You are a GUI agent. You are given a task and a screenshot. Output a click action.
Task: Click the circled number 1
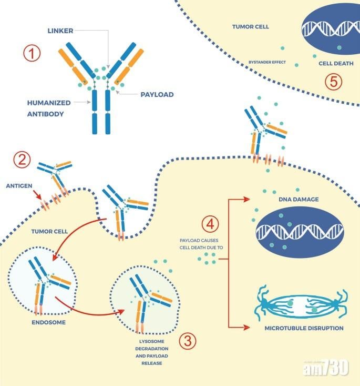coord(33,54)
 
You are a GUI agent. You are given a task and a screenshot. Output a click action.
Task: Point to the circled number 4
coord(210,224)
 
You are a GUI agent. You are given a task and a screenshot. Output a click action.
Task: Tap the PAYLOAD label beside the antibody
coord(157,95)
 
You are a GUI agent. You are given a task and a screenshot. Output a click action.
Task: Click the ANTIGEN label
coord(17,185)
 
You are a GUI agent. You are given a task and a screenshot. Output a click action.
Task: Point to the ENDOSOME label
coord(48,322)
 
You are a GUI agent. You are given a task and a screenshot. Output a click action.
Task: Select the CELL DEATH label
coord(332,64)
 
